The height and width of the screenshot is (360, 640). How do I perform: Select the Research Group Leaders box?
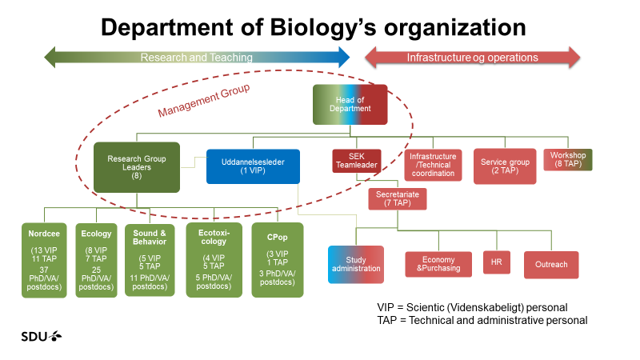point(136,166)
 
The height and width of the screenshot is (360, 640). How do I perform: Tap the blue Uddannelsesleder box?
point(253,166)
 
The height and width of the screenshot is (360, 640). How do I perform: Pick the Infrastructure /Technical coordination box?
point(433,165)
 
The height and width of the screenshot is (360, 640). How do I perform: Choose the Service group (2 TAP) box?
point(505,165)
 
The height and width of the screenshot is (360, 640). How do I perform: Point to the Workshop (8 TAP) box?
point(569,159)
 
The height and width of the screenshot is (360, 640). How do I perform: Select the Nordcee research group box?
point(44,262)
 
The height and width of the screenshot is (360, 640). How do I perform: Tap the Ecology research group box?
point(96,262)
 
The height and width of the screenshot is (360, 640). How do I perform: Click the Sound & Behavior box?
point(150,262)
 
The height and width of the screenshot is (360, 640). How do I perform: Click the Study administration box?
point(355,264)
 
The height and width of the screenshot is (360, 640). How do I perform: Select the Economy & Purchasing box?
point(438,265)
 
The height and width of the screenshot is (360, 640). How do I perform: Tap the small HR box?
point(496,264)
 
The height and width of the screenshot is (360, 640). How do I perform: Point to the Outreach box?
point(551,265)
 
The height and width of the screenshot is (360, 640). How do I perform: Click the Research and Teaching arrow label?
point(197,58)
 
